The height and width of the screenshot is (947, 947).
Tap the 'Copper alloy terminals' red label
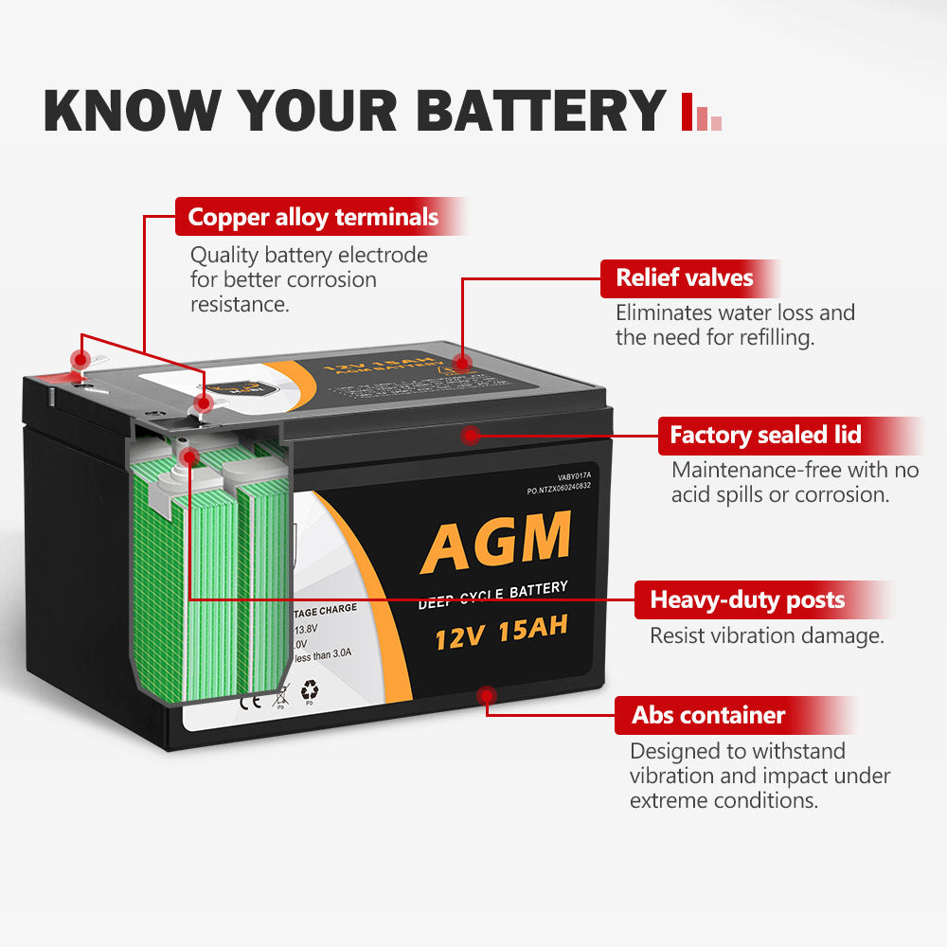pyautogui.click(x=313, y=217)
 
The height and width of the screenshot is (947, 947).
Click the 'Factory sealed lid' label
pyautogui.click(x=765, y=436)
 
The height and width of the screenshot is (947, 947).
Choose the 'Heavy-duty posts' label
pyautogui.click(x=747, y=599)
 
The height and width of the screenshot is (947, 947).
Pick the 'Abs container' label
pyautogui.click(x=708, y=715)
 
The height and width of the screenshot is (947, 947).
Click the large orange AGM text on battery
pyautogui.click(x=496, y=541)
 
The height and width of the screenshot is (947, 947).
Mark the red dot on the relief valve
pyautogui.click(x=462, y=362)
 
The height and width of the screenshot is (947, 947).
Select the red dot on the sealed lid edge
pyautogui.click(x=469, y=434)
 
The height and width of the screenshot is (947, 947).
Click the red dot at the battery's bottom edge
pyautogui.click(x=487, y=697)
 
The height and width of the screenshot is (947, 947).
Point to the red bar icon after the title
pyautogui.click(x=701, y=113)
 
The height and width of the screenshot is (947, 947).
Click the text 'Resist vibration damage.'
pyautogui.click(x=766, y=635)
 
